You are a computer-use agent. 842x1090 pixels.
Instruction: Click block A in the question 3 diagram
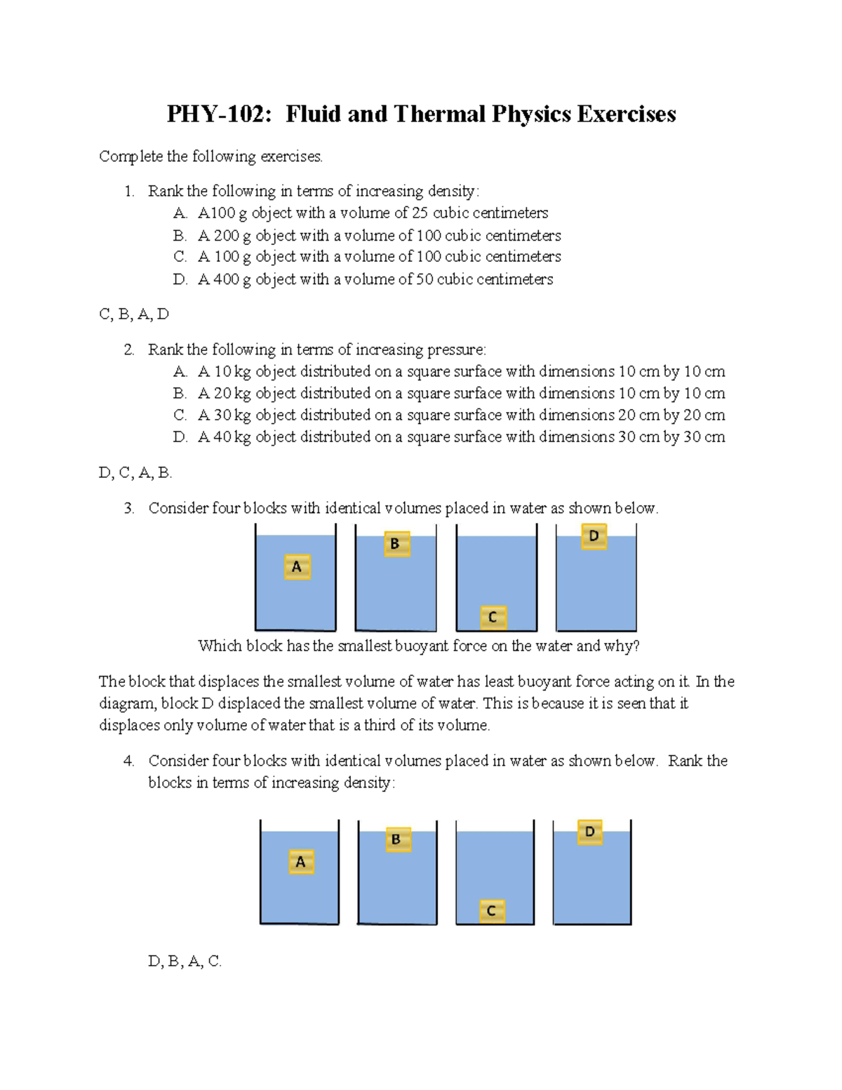pos(298,566)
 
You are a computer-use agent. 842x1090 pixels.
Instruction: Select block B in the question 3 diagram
pos(396,544)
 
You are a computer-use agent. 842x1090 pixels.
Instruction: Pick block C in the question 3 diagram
pos(493,617)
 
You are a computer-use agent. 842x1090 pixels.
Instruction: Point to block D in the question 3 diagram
pos(594,536)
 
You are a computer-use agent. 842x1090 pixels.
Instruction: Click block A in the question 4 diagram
pos(301,862)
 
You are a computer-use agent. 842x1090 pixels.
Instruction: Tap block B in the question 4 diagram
pos(397,839)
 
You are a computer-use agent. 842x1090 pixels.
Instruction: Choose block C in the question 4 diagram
pos(492,911)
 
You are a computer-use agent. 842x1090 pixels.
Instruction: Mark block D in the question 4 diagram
pos(589,832)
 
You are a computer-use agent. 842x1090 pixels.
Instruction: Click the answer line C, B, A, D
pos(134,314)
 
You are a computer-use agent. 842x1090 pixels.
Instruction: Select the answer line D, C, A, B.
pos(135,473)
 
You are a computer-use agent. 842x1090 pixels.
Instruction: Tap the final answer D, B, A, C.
pos(185,962)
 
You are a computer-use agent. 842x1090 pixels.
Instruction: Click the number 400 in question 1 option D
pos(226,279)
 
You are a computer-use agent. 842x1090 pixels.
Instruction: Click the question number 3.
pos(128,508)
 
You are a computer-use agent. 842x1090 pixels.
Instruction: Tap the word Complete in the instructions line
pos(131,157)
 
